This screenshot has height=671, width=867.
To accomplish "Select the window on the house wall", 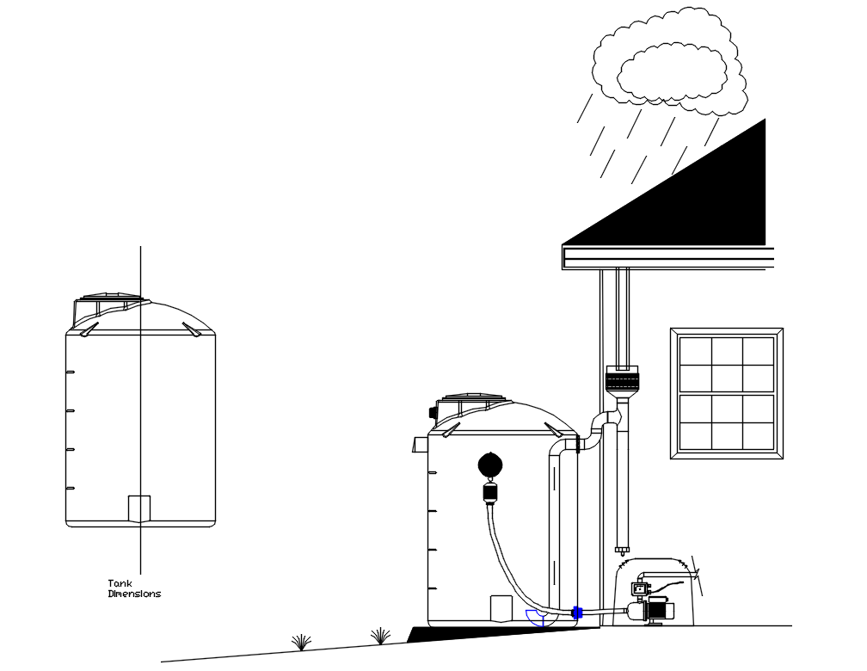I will coord(727,393).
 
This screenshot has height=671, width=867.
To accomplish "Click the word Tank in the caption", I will coord(120,583).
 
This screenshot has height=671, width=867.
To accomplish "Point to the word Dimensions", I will coord(134,594).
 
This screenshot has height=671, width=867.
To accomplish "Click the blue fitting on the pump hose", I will coord(577,613).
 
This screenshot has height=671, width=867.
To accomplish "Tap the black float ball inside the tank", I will coord(491,465).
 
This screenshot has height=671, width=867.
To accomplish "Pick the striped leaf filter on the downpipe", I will coord(622,379).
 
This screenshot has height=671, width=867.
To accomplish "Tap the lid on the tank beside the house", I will coord(470,401).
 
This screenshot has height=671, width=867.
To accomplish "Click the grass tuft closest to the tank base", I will coord(380,636).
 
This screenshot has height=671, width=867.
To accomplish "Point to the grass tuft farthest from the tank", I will coord(301,642).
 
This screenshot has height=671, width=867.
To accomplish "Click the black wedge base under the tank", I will coord(499,633).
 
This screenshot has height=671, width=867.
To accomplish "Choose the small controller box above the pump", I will coord(641,589).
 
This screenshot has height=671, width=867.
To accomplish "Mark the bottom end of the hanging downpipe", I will coord(622,548).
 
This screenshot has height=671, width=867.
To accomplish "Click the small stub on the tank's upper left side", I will coord(421,444).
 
